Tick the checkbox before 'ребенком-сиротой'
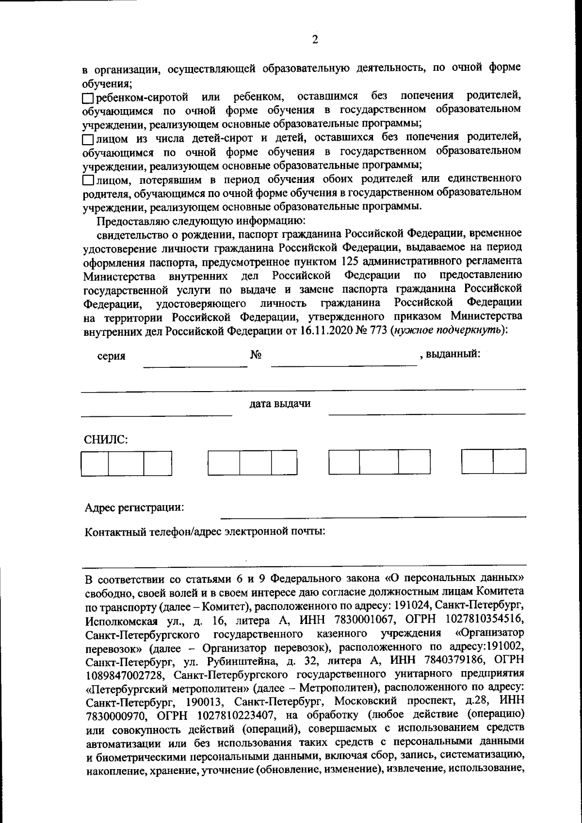point(87,98)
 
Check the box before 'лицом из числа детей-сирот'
point(87,140)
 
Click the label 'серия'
point(111,356)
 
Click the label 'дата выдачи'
point(280,404)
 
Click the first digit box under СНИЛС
point(95,463)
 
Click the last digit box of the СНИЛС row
point(509,461)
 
